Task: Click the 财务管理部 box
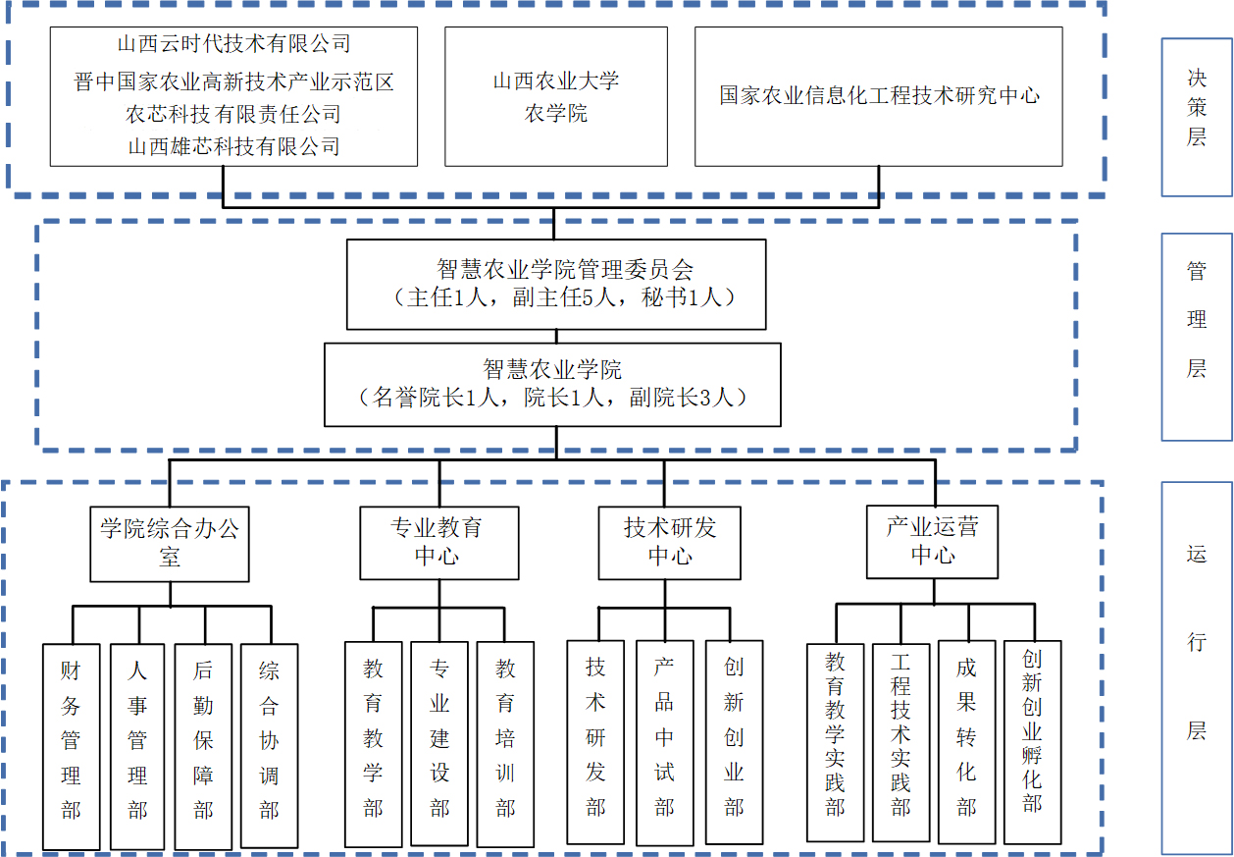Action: coord(72,746)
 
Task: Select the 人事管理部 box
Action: coord(137,746)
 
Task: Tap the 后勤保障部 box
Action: coord(203,746)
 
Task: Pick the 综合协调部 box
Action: coord(269,746)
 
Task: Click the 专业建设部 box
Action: coord(439,744)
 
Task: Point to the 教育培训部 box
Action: coord(505,744)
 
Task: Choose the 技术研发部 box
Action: coord(595,742)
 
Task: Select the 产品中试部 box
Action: coord(665,742)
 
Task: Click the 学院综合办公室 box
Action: coord(170,544)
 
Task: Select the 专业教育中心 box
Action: coord(437,542)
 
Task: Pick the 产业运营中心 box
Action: coord(932,541)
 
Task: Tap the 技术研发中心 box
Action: coord(670,542)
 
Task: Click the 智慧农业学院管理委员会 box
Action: coord(556,284)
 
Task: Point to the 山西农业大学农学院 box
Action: coord(556,96)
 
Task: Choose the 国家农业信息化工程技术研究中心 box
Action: coord(879,96)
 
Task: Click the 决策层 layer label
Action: coord(1196,108)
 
